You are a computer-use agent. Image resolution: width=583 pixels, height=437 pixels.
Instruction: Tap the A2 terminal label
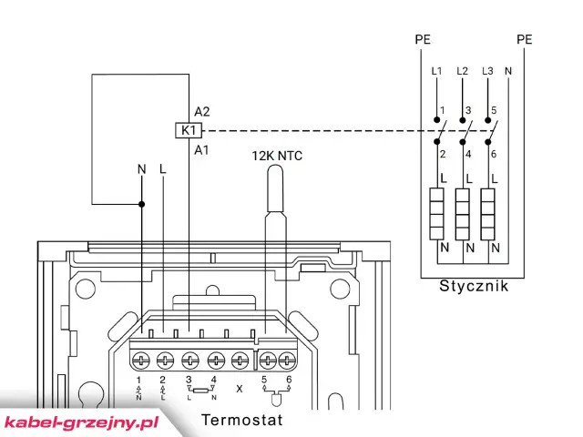pyautogui.click(x=202, y=111)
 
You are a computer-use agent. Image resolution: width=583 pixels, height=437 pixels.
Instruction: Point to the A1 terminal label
pyautogui.click(x=202, y=149)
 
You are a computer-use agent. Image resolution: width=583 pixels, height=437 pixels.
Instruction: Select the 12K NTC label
pyautogui.click(x=277, y=156)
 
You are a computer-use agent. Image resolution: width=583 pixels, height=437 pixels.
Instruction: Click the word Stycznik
pyautogui.click(x=474, y=287)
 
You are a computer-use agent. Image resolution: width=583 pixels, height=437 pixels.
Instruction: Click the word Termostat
pyautogui.click(x=241, y=420)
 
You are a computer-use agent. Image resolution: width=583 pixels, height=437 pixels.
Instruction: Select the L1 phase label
pyautogui.click(x=437, y=71)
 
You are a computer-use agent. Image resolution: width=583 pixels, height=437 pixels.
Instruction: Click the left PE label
pyautogui.click(x=422, y=39)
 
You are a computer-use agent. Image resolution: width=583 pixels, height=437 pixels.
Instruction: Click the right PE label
pyautogui.click(x=524, y=39)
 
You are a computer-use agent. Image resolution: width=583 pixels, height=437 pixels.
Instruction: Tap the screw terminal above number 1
pyautogui.click(x=141, y=358)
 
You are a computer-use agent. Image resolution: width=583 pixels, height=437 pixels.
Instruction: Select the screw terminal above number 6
pyautogui.click(x=289, y=358)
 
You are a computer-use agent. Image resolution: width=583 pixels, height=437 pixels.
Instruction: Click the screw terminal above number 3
pyautogui.click(x=190, y=358)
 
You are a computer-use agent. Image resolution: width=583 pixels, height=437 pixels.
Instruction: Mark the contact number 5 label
pyautogui.click(x=493, y=112)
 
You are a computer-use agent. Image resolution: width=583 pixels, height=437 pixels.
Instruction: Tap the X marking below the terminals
pyautogui.click(x=240, y=388)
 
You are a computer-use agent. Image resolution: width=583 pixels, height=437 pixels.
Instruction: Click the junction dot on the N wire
pyautogui.click(x=141, y=203)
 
